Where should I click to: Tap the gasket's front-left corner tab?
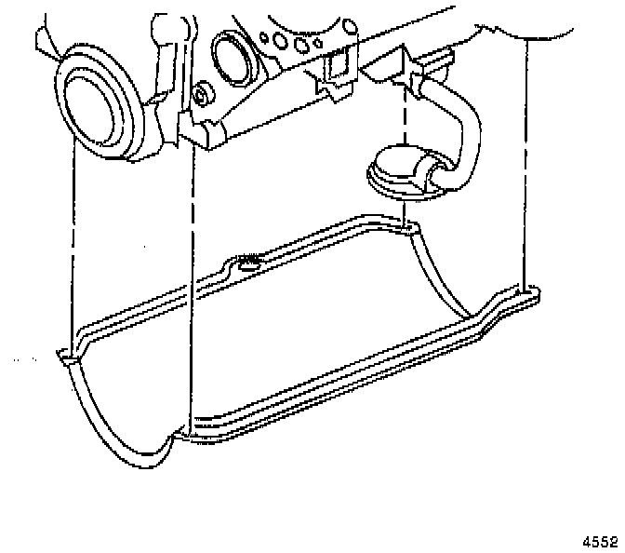pyautogui.click(x=66, y=357)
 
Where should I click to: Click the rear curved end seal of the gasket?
pyautogui.click(x=446, y=279)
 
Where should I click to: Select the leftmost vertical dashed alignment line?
pyautogui.click(x=72, y=233)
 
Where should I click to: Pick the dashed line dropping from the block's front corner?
pyautogui.click(x=191, y=279)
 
